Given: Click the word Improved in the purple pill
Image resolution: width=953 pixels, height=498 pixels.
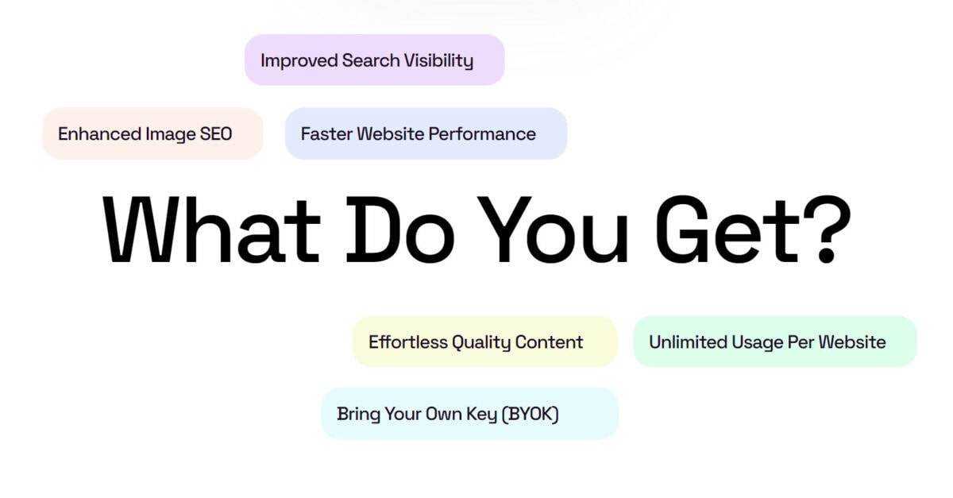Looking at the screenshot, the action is [x=299, y=61].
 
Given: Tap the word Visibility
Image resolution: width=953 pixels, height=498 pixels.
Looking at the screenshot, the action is [x=438, y=61].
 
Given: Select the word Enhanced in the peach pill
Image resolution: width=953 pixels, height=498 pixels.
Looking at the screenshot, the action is [x=99, y=133].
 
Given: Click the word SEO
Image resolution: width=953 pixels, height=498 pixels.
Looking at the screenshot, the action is [x=216, y=133].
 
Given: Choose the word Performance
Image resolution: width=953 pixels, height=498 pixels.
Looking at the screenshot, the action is [x=482, y=133].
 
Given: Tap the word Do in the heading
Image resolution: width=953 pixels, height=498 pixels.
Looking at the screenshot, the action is [x=400, y=230].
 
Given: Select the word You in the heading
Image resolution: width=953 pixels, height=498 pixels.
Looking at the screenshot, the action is [x=552, y=230].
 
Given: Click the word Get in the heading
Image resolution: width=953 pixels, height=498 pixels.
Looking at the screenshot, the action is [x=727, y=230].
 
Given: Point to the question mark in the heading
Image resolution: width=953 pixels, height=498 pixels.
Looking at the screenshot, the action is [x=827, y=229].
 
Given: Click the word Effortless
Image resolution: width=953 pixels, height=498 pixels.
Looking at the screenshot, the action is [x=408, y=342].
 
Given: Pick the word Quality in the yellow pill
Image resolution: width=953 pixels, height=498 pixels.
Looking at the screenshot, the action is [x=480, y=342].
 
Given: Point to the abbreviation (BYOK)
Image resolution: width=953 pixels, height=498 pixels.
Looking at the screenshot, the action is [x=531, y=414].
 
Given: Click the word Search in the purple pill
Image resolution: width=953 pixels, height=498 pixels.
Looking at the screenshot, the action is [x=371, y=61].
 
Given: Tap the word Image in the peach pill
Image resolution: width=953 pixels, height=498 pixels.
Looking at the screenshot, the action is [x=170, y=134].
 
